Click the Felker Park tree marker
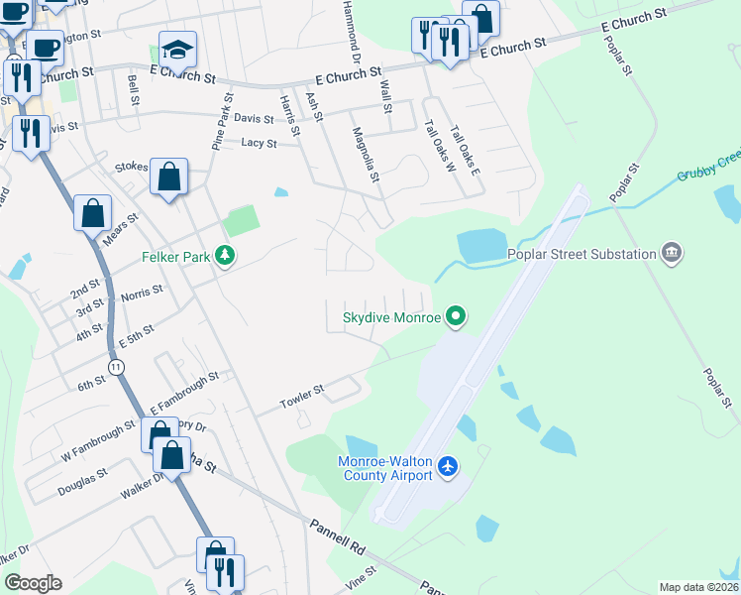click(x=227, y=257)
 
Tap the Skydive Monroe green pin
click(x=456, y=317)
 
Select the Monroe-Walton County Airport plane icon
click(x=448, y=466)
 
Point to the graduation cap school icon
click(x=177, y=50)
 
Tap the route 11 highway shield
click(x=118, y=367)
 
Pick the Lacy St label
click(x=259, y=143)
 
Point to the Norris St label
click(x=142, y=296)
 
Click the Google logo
click(x=33, y=583)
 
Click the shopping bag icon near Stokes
click(x=169, y=178)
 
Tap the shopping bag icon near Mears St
click(x=92, y=212)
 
